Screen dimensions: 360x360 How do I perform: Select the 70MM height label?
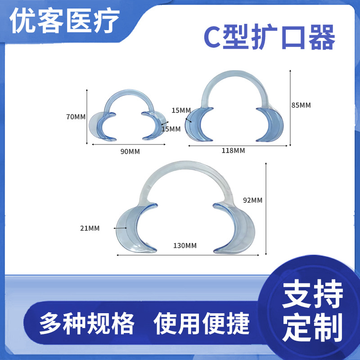(x=76, y=117)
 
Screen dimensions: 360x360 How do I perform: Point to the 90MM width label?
(x=130, y=151)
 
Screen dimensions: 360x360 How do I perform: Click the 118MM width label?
(x=234, y=150)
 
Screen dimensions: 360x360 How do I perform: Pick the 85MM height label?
(x=301, y=105)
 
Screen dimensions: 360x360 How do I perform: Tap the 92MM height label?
(x=252, y=200)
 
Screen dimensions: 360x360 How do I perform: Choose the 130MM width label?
(x=185, y=245)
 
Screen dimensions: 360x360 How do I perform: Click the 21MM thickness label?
(x=90, y=228)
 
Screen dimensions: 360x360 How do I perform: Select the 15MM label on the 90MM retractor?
(x=171, y=129)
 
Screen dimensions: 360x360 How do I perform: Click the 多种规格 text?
(x=87, y=323)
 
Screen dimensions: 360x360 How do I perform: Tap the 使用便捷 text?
(x=202, y=323)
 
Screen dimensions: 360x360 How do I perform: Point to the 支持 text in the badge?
(x=312, y=294)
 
